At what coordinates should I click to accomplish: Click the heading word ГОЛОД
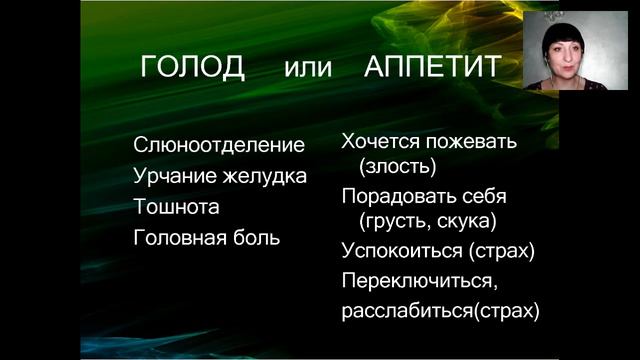(x=192, y=67)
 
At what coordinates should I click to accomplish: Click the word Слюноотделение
(x=219, y=145)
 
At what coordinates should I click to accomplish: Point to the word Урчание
(x=171, y=176)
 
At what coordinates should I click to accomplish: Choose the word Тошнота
(x=176, y=207)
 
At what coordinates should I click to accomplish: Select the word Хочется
(x=381, y=141)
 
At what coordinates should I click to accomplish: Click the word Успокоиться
(x=397, y=249)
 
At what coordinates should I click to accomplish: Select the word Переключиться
(x=413, y=280)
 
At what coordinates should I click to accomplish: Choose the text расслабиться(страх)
(x=440, y=310)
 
